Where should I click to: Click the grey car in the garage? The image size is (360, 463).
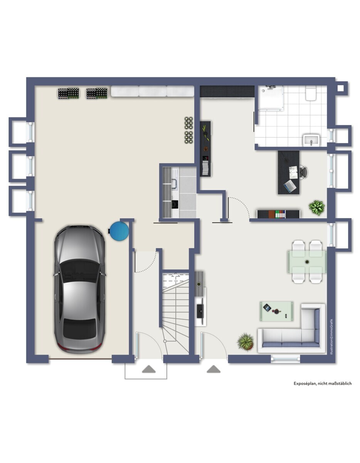(x=79, y=289)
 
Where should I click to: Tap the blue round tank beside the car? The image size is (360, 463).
(x=119, y=231)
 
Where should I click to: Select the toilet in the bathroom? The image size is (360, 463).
(x=311, y=94)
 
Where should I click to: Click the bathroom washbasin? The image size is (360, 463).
(x=311, y=140)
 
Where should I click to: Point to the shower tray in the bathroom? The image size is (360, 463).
(x=271, y=98)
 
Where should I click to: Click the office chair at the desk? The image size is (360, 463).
(x=303, y=172)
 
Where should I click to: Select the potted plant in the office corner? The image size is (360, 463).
(x=317, y=207)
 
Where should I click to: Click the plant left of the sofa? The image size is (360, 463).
(x=246, y=341)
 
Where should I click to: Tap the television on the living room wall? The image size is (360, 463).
(x=200, y=308)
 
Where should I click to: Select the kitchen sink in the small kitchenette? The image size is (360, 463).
(x=175, y=184)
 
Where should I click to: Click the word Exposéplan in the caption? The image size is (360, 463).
(x=304, y=384)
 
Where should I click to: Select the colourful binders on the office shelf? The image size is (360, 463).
(x=280, y=214)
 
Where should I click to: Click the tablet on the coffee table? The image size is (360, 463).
(x=267, y=308)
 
